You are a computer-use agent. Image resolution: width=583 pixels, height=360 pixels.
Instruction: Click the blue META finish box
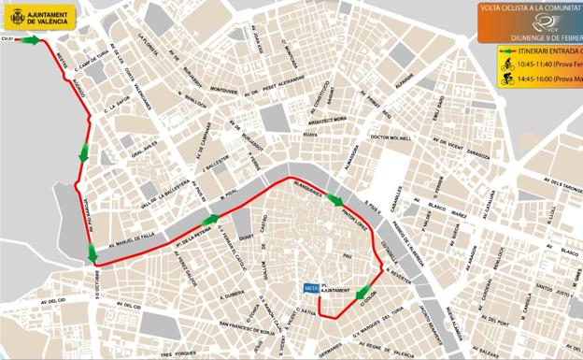pyautogui.click(x=311, y=289)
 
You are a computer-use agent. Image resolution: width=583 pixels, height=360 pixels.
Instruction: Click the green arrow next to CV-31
pyautogui.click(x=31, y=40)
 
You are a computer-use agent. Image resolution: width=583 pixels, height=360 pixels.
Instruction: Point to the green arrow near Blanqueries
pyautogui.click(x=334, y=198)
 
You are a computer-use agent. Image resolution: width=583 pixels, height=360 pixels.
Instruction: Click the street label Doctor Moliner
pyautogui.click(x=391, y=138)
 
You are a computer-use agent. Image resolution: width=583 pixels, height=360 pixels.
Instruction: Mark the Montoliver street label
pyautogui.click(x=223, y=90)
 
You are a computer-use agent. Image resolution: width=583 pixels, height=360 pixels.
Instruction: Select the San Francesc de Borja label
pyautogui.click(x=244, y=329)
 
